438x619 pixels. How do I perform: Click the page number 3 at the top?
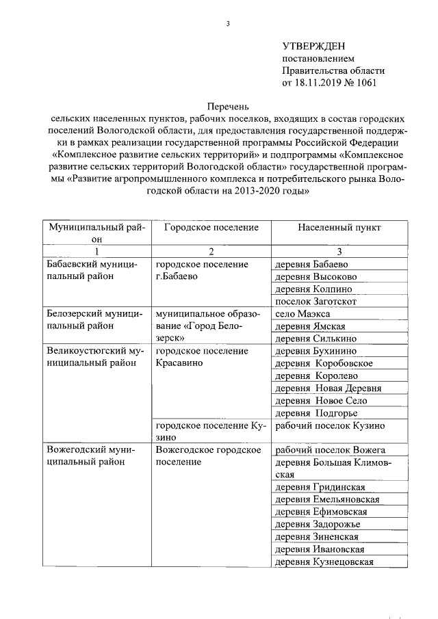(228, 25)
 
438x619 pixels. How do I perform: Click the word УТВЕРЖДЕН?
(319, 46)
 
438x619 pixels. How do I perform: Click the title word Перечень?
(229, 106)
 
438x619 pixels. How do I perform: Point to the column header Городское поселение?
(211, 227)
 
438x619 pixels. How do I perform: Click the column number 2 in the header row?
(211, 252)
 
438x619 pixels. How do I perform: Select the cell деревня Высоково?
(315, 276)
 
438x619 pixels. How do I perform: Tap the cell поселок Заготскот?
(315, 301)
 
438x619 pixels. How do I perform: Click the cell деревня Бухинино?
(315, 351)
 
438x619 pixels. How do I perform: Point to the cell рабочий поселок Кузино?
(329, 425)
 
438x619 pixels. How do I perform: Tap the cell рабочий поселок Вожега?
(329, 449)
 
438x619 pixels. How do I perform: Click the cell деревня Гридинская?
(319, 487)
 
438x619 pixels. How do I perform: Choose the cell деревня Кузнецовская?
(323, 562)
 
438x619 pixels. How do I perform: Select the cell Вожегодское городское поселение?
(209, 456)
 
